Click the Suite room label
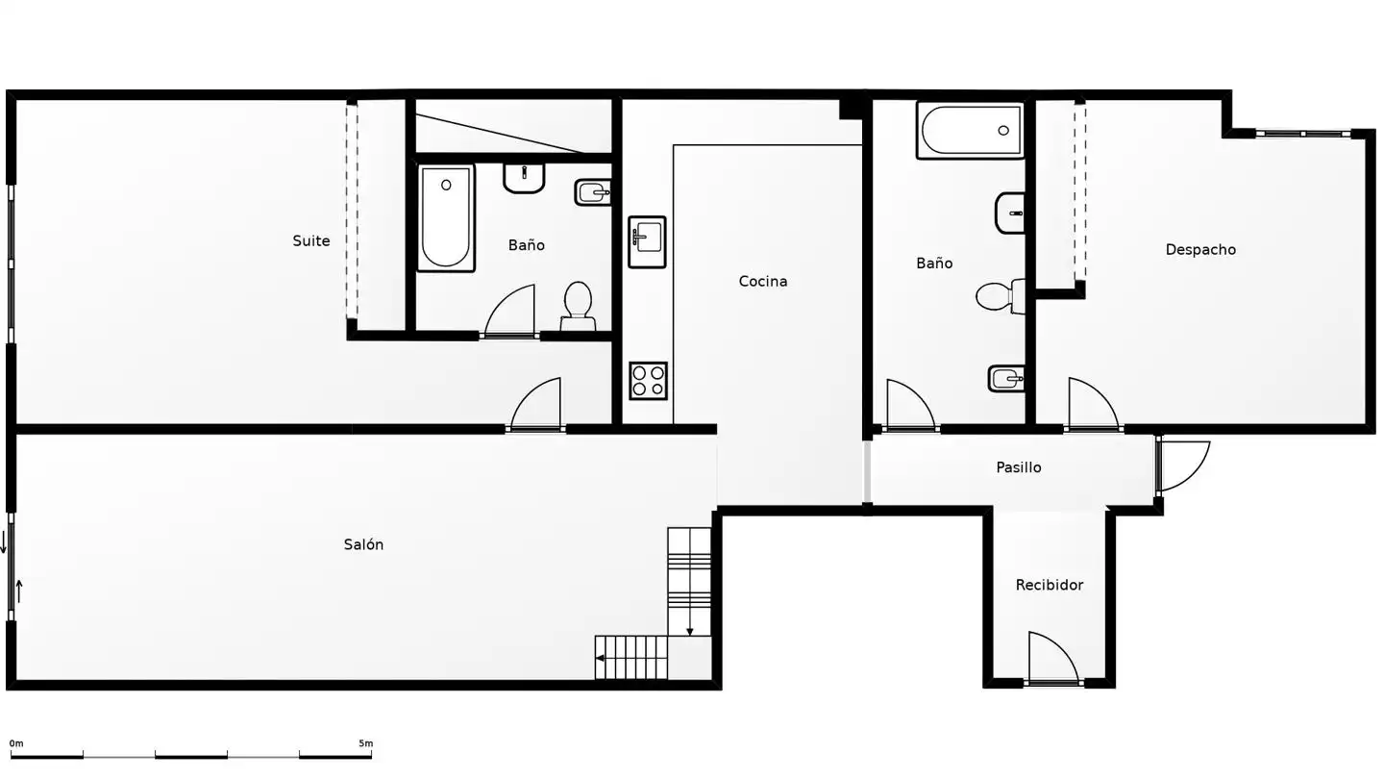click(311, 241)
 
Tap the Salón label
click(363, 544)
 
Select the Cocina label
click(763, 281)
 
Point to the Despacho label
click(1200, 250)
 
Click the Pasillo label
click(1019, 467)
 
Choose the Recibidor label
click(1050, 585)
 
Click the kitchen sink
click(647, 241)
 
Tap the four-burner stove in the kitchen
click(648, 380)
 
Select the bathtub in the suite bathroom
click(446, 218)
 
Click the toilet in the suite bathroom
click(579, 306)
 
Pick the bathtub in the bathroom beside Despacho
click(970, 131)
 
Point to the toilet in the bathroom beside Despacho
click(1000, 296)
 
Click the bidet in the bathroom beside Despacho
click(1006, 378)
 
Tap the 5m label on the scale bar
click(366, 743)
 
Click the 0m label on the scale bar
click(16, 743)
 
